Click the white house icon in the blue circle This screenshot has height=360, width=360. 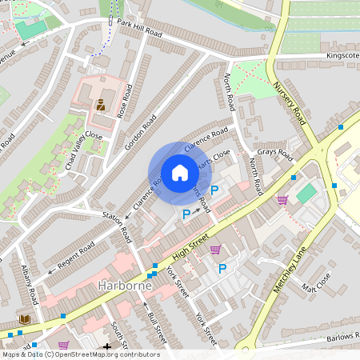[x=180, y=173]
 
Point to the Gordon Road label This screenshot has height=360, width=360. [x=145, y=127]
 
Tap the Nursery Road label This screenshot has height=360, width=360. [x=290, y=101]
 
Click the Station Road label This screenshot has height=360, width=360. [x=117, y=225]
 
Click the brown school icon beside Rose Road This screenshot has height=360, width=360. [x=101, y=105]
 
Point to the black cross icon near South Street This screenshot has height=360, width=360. [x=108, y=347]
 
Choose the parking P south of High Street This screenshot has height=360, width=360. [x=222, y=269]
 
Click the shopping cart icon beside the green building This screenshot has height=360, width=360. [x=282, y=199]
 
